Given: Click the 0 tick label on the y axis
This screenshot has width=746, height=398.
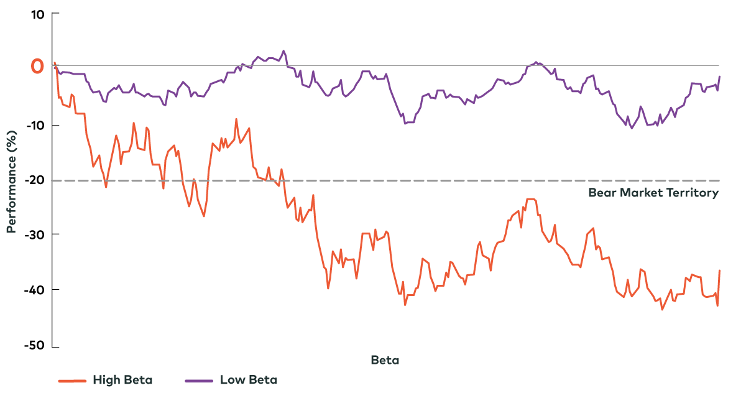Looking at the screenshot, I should pos(37,66).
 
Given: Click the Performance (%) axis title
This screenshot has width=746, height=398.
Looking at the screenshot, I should pos(11,182).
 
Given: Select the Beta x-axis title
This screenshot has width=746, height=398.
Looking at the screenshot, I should pos(385,360).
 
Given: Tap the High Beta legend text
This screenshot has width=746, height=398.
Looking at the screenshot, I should pos(122,380).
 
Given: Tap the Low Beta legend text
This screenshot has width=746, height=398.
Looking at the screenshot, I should pos(249,380).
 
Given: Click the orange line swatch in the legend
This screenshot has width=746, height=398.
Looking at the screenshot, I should pos(71,381).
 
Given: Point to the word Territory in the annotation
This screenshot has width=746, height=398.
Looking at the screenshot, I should pos(693,193).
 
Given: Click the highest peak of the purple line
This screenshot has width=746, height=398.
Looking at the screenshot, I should pos(283,51).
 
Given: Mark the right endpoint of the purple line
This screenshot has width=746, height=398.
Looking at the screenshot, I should pos(720,76).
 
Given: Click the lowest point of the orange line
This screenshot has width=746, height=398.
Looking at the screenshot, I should pos(662,310).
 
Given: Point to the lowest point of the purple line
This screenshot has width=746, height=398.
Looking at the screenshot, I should pos(632,128).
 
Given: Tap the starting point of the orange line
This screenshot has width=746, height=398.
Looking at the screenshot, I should pos(55,62).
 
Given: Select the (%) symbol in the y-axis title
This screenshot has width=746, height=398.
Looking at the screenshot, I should pos(11,139).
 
